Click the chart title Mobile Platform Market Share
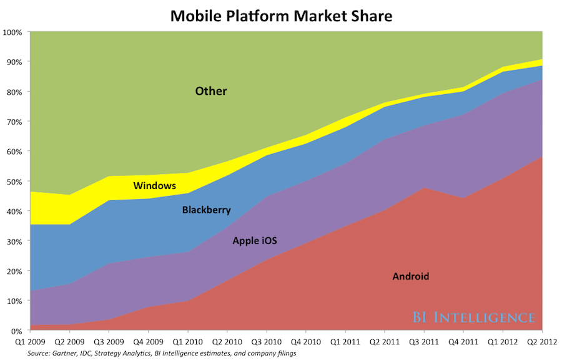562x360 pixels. point(280,15)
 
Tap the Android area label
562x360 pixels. point(410,276)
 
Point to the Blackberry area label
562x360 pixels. point(207,210)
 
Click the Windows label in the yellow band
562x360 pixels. point(154,186)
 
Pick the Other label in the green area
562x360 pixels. point(210,92)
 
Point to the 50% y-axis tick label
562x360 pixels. point(14,182)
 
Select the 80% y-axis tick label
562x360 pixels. point(14,92)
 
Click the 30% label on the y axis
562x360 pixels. point(14,241)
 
